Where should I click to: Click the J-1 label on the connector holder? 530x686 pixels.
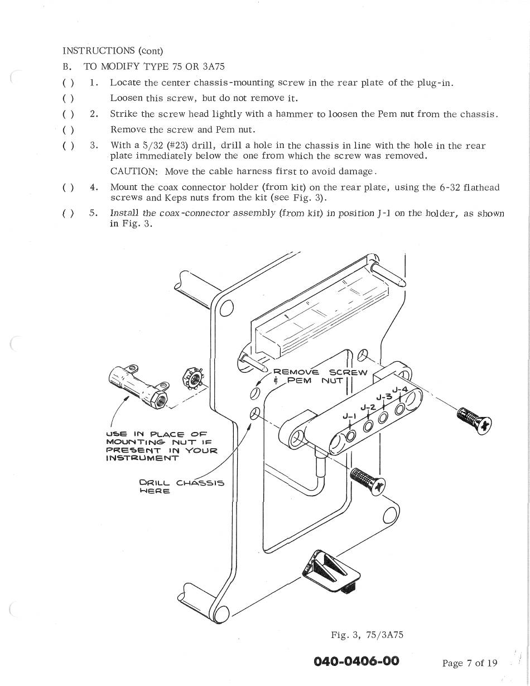click(349, 416)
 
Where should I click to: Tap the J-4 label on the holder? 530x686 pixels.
click(400, 390)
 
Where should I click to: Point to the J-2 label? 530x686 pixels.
click(367, 407)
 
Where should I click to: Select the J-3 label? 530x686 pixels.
click(383, 397)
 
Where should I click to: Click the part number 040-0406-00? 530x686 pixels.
click(356, 661)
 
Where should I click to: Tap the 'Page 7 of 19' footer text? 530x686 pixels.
click(469, 663)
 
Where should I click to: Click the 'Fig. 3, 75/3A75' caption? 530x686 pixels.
click(367, 635)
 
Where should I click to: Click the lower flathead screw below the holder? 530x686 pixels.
click(367, 481)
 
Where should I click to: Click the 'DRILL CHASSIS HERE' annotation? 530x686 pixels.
click(181, 487)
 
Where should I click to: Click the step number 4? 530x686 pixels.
click(94, 188)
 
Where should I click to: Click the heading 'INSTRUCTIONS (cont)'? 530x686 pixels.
click(112, 51)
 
